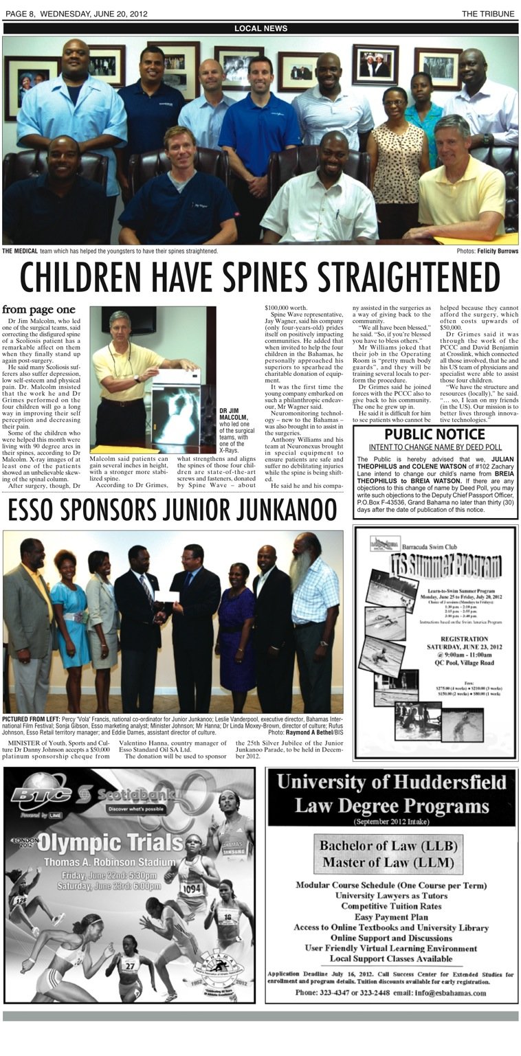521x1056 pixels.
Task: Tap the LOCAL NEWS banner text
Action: coord(260,28)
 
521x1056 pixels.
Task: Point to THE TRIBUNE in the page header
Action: coord(490,14)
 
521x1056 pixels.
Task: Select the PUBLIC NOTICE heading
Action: coord(434,434)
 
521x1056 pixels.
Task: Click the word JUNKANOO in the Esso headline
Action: coord(288,509)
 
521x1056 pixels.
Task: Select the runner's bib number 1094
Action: coord(192,888)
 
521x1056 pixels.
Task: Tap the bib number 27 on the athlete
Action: coord(128,964)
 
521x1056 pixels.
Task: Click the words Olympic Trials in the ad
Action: coord(91,842)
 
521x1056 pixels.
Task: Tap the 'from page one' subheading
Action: coord(38,310)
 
